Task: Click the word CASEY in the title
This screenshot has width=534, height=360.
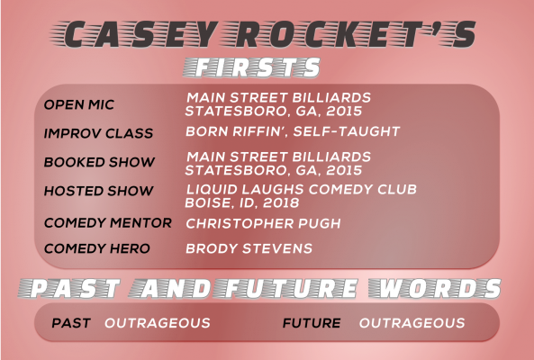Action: tap(140, 34)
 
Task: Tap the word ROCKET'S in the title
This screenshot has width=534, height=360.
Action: tap(355, 34)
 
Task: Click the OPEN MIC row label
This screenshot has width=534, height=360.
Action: tap(79, 104)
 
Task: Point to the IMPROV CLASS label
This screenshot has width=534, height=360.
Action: tap(98, 133)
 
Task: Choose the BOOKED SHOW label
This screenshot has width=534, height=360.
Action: tap(99, 162)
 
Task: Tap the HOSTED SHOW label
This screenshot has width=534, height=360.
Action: tap(98, 191)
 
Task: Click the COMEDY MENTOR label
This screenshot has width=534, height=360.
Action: tap(108, 223)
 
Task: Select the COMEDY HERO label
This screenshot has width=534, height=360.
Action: tap(96, 248)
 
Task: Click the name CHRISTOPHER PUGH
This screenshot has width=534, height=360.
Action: tap(263, 223)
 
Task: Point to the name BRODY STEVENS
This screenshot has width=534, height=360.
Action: tap(249, 248)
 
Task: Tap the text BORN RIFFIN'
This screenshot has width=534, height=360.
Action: tap(237, 131)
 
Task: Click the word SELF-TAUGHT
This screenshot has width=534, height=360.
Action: tap(347, 131)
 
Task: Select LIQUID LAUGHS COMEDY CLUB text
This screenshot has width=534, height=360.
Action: tap(302, 189)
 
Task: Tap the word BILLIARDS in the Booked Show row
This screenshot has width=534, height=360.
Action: tap(331, 157)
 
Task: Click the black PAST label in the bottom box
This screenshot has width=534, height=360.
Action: tap(71, 323)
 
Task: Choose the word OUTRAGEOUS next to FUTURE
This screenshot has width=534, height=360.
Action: tap(412, 323)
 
